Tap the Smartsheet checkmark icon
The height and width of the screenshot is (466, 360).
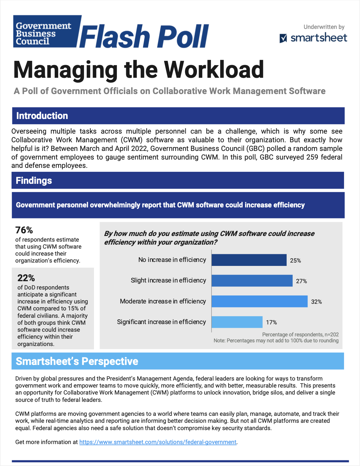[283, 39]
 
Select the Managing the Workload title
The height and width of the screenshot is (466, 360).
[138, 70]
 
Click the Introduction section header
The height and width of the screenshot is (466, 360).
[42, 116]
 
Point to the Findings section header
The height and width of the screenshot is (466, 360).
[34, 180]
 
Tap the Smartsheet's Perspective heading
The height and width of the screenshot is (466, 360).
[77, 361]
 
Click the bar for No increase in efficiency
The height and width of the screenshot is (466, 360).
[249, 260]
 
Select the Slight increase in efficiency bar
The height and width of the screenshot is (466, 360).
[252, 281]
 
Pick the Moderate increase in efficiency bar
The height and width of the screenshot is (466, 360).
[259, 301]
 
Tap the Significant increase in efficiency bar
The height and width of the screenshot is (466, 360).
[237, 322]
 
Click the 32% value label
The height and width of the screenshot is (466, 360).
[316, 302]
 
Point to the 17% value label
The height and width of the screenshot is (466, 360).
[271, 322]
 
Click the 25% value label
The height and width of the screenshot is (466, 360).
[295, 261]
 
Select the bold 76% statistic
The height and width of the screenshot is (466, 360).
[24, 230]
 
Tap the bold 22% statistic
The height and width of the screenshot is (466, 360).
[26, 278]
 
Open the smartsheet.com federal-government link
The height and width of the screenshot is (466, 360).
[158, 442]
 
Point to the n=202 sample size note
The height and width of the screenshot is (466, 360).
[330, 334]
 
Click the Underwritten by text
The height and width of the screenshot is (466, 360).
[324, 27]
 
